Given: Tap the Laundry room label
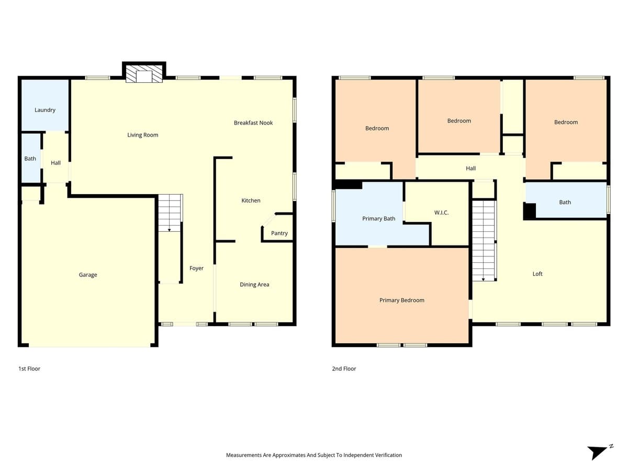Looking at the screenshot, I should (45, 110).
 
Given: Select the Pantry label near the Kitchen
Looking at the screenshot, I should (279, 233).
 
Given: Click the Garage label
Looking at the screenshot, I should (88, 275).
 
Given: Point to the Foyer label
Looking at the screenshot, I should (196, 268).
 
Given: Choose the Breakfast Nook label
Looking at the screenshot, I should (253, 123).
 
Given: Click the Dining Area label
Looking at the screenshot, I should (254, 285).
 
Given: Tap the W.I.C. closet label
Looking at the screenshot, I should (441, 213).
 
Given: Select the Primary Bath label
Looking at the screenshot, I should (378, 219).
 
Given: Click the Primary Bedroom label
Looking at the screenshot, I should (401, 300).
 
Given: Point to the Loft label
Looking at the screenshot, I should (537, 274).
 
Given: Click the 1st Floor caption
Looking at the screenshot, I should (29, 369).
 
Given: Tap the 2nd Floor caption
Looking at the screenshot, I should (344, 369).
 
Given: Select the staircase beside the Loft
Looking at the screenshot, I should (484, 241).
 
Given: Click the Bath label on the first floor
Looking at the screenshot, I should (30, 159).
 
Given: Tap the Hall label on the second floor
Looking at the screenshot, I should (470, 169).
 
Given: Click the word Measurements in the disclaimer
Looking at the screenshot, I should (243, 455).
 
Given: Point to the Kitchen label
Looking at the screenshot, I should (251, 201).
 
